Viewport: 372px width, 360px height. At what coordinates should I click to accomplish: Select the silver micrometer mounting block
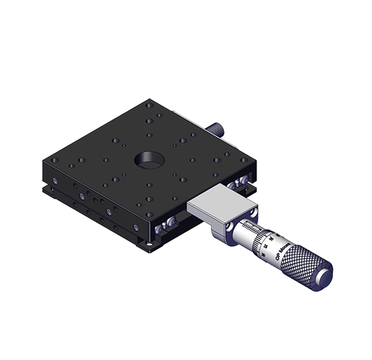pos(220,210)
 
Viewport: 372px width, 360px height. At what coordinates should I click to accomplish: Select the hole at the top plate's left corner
pos(55,160)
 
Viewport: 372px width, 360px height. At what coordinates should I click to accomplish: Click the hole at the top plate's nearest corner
pos(149,215)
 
